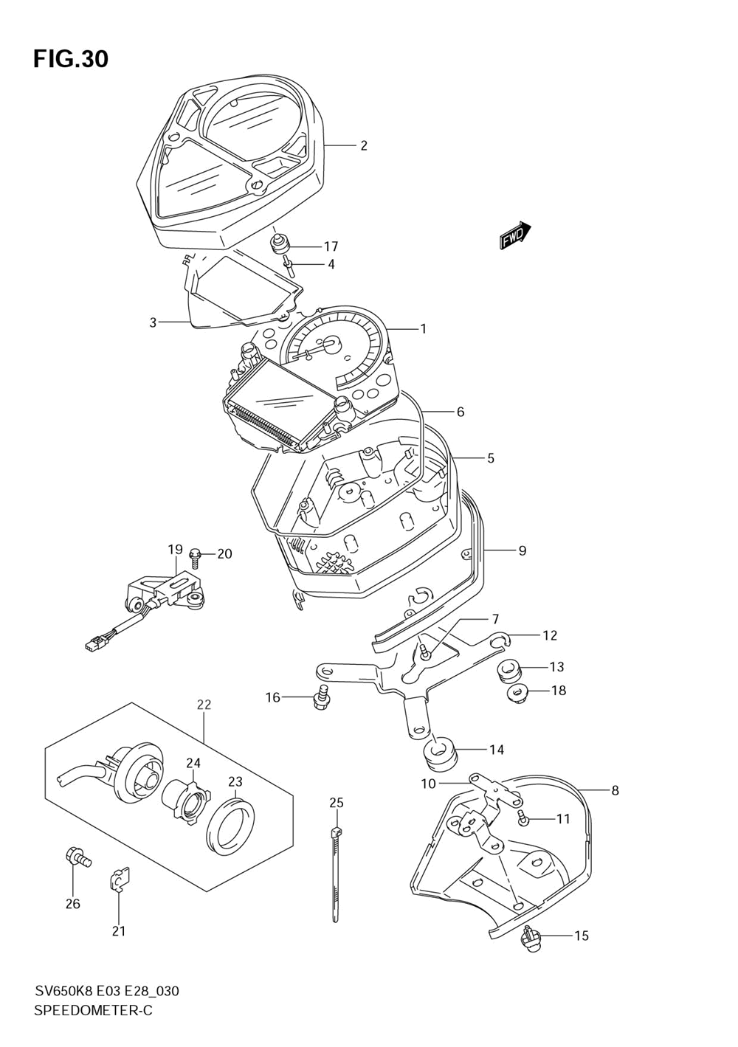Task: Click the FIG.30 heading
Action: click(x=71, y=59)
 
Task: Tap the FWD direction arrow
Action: click(x=514, y=235)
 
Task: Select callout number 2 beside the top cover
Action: click(x=363, y=145)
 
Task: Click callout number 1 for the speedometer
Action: click(x=423, y=329)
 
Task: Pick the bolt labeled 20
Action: click(x=196, y=555)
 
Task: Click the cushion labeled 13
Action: click(x=508, y=670)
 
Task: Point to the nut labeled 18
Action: click(x=517, y=693)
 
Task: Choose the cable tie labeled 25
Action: click(x=336, y=874)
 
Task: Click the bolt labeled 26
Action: click(x=76, y=857)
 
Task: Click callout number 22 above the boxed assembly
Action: click(x=204, y=705)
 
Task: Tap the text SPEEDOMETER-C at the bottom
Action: click(x=93, y=1010)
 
